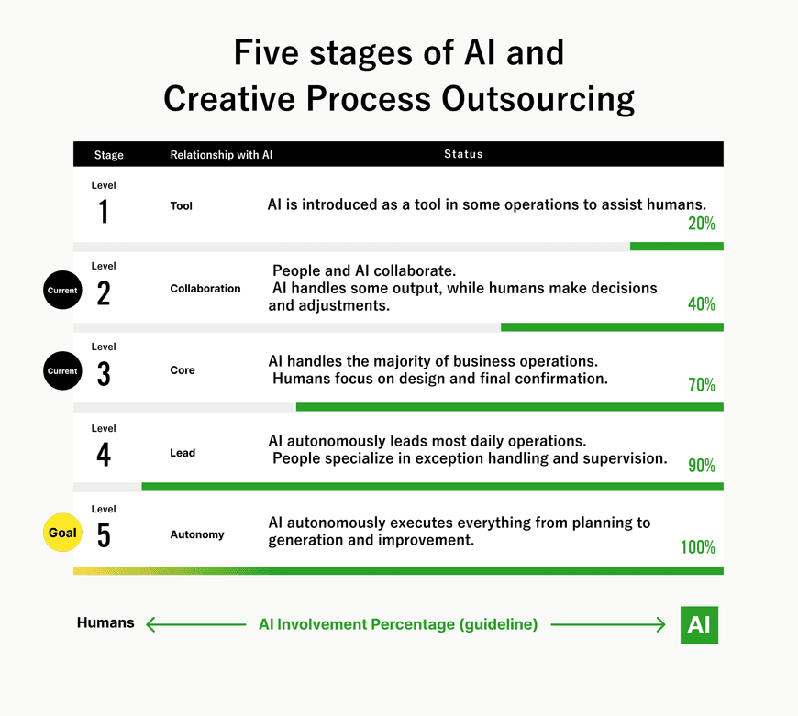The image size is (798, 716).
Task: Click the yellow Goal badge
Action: (x=62, y=533)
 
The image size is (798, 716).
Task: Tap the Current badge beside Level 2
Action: (x=62, y=290)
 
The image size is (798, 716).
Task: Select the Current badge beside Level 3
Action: (x=62, y=370)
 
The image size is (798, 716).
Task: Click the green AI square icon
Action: (x=699, y=625)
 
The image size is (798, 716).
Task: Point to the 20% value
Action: (x=702, y=224)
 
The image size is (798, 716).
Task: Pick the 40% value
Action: (x=702, y=304)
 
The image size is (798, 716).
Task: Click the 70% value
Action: (x=702, y=385)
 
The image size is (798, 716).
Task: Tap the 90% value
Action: (x=702, y=466)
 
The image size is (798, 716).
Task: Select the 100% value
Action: (x=698, y=547)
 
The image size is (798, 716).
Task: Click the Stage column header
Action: (x=109, y=155)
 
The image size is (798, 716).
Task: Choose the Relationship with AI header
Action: (x=221, y=155)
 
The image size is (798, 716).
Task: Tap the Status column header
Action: (x=463, y=154)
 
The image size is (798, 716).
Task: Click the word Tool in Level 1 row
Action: (x=182, y=206)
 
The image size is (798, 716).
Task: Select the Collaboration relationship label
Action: (x=205, y=289)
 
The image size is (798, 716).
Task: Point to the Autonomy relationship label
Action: (x=197, y=534)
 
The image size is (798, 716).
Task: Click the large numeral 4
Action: (x=104, y=455)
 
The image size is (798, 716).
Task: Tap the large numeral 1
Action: (x=104, y=212)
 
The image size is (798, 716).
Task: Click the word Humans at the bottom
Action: (x=105, y=622)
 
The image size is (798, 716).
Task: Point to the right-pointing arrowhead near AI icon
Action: (x=661, y=624)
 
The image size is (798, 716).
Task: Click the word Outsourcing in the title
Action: (x=538, y=99)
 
